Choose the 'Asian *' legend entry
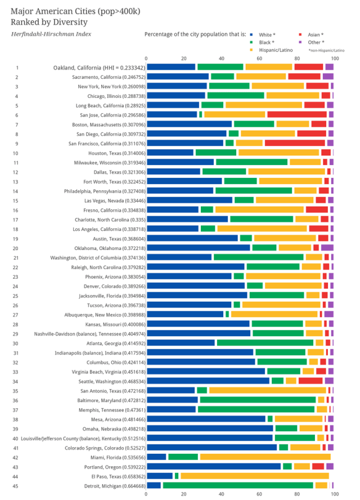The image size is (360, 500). (x=313, y=34)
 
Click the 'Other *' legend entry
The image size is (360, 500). (x=313, y=42)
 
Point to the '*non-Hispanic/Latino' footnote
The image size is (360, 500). (x=326, y=50)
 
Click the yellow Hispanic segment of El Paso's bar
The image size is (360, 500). (x=253, y=476)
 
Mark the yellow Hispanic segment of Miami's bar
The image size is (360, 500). (x=264, y=457)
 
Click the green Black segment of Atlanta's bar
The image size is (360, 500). (x=265, y=342)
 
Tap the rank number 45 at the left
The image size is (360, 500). (x=16, y=485)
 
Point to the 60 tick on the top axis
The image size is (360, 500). (x=259, y=58)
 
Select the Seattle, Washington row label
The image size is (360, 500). (x=113, y=381)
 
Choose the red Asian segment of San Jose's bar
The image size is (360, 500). (x=298, y=114)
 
